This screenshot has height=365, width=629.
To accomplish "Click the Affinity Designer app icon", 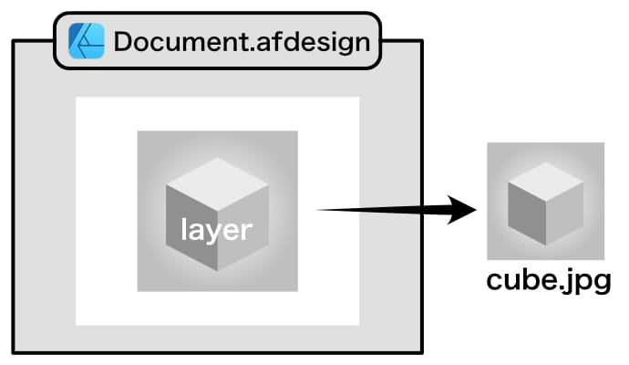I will [88, 41].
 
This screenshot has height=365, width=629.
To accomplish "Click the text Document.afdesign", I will [242, 42].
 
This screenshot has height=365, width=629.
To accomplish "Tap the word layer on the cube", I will [216, 229].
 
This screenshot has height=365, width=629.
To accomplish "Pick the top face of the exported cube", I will [545, 177].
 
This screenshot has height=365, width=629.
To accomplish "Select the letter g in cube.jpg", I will [599, 284].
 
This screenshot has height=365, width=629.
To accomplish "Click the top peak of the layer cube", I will [217, 159].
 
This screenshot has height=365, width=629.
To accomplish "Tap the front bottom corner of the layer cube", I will [217, 271].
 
